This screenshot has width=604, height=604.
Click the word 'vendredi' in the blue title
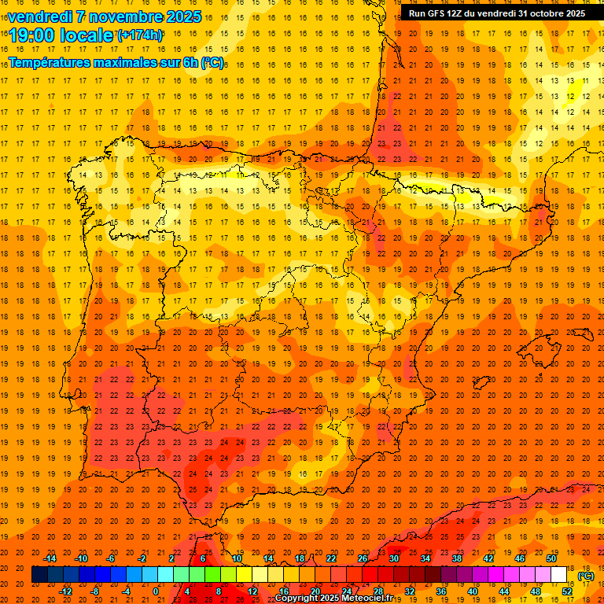tap(39, 17)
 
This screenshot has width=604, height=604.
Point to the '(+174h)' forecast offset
tap(139, 35)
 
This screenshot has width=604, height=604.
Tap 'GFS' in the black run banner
tap(437, 13)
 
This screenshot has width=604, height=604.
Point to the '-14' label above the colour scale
tap(50, 558)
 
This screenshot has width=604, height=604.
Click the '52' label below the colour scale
tap(567, 591)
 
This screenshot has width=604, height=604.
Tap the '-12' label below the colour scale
tap(66, 591)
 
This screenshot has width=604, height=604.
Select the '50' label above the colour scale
tap(551, 558)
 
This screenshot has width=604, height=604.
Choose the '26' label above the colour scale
tap(363, 558)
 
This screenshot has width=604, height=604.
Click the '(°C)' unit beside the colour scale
tap(586, 576)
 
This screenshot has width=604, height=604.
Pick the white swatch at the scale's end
tap(558, 575)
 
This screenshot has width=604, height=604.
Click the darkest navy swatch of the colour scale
tap(39, 575)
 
